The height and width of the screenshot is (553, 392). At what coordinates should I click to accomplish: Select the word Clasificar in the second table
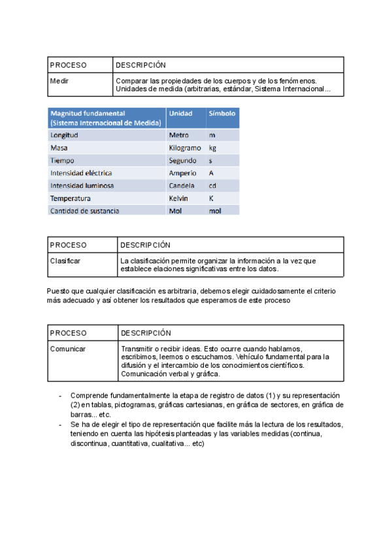coord(66,261)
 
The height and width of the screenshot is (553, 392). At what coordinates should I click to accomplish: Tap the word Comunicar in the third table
coord(68,349)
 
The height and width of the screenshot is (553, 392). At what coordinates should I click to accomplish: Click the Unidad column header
coord(180,114)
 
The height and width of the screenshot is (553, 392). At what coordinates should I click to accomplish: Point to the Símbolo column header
coord(221,114)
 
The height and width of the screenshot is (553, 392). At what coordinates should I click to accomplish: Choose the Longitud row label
coord(64,135)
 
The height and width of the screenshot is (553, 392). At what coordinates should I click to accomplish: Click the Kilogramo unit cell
coord(185,148)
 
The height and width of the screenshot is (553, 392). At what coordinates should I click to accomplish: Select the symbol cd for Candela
coord(212,186)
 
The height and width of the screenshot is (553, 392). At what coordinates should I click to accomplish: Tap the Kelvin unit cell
coord(178,198)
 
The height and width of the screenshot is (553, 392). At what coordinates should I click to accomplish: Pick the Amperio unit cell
coord(182,173)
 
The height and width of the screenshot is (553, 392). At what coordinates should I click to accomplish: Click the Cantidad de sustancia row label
coord(85,211)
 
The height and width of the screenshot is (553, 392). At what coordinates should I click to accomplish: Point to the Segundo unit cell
coord(183,160)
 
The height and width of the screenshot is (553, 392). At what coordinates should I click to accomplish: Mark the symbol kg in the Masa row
coord(212,148)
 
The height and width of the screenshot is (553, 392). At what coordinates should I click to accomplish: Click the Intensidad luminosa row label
coord(82,186)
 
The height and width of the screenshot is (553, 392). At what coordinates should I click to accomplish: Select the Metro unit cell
coord(179,135)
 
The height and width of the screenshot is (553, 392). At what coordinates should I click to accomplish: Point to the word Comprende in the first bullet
coord(90,396)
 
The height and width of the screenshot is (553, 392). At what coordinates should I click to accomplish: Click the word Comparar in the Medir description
coord(131,81)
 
